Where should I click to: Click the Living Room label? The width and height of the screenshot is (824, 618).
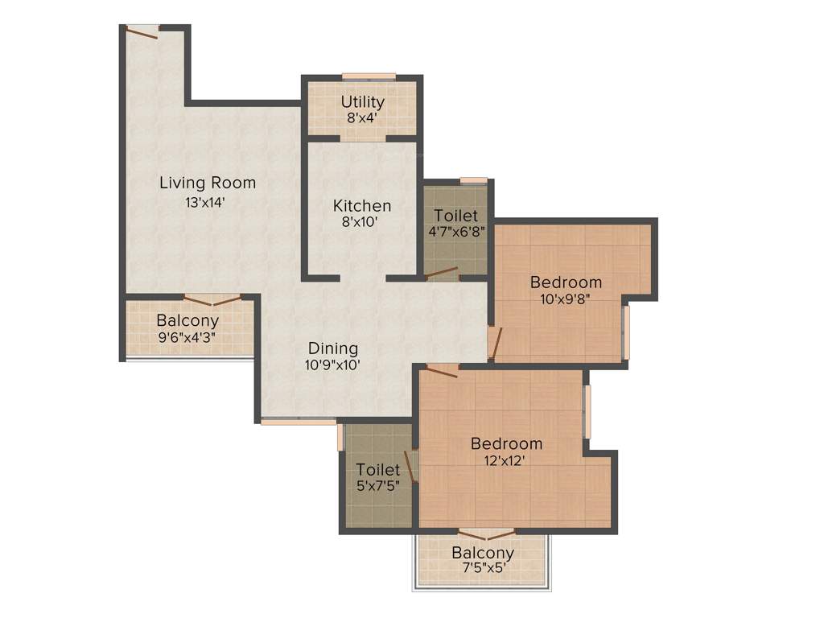tap(208, 183)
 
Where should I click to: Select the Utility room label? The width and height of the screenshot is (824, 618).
tap(362, 102)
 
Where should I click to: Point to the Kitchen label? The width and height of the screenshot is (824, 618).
tap(362, 206)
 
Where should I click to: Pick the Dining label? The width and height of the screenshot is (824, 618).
tap(333, 348)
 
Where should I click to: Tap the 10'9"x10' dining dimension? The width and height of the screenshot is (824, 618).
tap(333, 365)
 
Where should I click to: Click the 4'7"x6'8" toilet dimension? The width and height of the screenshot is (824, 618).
tap(456, 232)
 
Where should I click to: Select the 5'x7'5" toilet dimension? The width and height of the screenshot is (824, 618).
tap(378, 485)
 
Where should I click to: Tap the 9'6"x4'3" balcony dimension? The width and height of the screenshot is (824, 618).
tap(187, 336)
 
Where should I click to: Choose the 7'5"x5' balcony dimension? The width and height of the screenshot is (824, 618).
tap(482, 569)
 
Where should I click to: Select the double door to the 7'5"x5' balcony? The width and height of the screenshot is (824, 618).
tap(485, 534)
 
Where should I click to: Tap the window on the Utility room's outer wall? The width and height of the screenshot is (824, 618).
tap(369, 76)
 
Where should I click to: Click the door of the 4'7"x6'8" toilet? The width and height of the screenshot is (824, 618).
tap(441, 274)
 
